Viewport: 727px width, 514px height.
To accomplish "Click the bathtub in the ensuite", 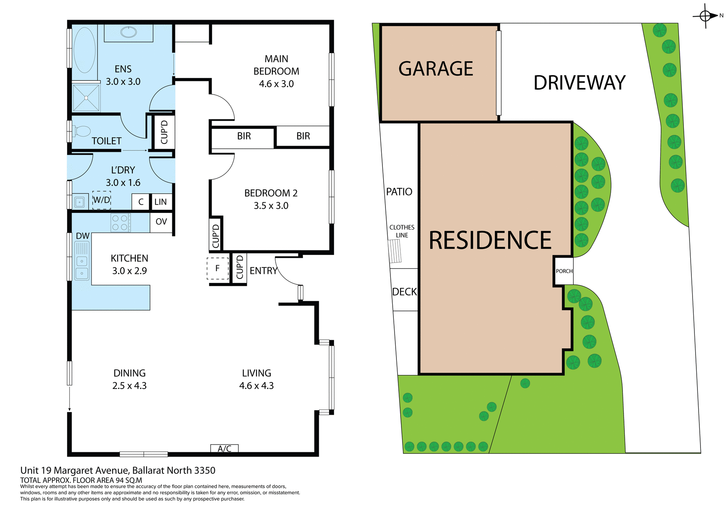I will [84, 50].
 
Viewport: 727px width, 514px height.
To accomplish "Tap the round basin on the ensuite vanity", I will [129, 32].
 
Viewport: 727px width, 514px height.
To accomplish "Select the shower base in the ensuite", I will [86, 98].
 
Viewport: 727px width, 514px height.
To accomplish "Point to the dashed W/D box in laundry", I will [101, 200].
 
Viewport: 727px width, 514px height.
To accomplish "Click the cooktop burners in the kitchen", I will [120, 223].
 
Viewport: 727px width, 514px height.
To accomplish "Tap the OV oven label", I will [161, 222].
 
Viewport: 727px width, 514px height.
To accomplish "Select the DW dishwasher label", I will [83, 236].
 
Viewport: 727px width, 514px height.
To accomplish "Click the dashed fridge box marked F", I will [218, 268].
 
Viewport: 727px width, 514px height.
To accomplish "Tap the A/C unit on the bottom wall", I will [225, 448].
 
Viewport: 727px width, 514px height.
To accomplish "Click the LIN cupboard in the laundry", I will [161, 202].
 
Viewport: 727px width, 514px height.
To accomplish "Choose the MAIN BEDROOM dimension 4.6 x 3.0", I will [276, 84].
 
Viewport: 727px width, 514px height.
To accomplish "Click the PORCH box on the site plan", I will [564, 271].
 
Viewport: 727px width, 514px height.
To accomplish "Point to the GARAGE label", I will [435, 69].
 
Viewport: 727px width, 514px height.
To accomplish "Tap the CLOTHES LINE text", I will [402, 231].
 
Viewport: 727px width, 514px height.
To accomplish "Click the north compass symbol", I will [705, 16].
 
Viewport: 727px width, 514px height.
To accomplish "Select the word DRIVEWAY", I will [579, 83].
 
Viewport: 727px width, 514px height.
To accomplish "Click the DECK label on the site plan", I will [404, 292].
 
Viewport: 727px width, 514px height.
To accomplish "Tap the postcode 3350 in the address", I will [204, 470].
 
